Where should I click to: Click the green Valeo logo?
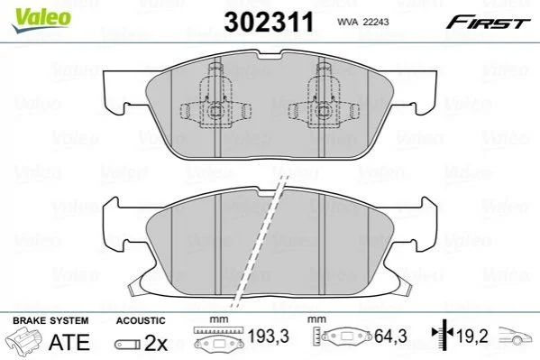click(x=41, y=21)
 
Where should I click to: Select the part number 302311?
click(x=269, y=22)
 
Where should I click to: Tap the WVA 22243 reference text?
click(x=363, y=22)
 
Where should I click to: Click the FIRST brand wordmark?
click(x=488, y=23)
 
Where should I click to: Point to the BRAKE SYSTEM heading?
click(x=50, y=320)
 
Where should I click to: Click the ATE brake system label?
click(x=69, y=342)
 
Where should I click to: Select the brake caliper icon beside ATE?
click(x=24, y=341)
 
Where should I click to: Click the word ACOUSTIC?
click(x=141, y=320)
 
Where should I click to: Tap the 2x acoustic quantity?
click(x=156, y=343)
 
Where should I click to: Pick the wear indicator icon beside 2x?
click(x=127, y=345)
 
